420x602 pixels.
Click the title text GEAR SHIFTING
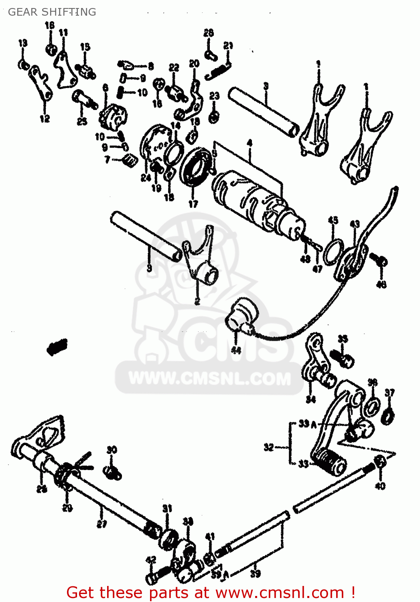52,12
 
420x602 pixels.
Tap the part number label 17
193,203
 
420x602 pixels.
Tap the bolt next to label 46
379,259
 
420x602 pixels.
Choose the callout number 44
236,350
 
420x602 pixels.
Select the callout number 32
269,447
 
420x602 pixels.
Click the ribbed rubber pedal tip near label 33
330,462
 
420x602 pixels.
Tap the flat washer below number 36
372,407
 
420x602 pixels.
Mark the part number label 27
102,523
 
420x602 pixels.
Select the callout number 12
45,118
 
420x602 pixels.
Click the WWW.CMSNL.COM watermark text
209,379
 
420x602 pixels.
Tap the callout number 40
379,486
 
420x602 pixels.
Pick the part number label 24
145,177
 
